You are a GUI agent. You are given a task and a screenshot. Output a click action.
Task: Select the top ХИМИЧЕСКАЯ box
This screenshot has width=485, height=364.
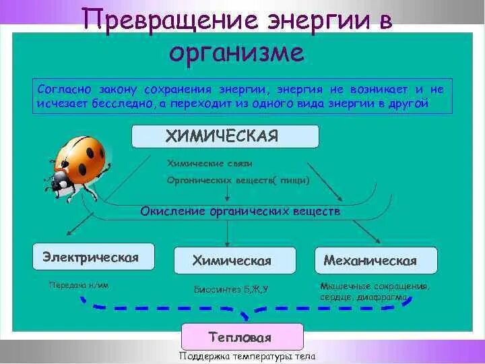(x=225, y=136)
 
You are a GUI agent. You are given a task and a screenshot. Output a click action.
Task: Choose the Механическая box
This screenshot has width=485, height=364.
(x=376, y=260)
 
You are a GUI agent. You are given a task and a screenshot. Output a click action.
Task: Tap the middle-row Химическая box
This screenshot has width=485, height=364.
(x=232, y=260)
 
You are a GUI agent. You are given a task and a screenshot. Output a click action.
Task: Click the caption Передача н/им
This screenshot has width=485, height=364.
(x=79, y=285)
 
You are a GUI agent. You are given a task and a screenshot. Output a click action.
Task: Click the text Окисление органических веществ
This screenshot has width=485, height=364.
(x=240, y=211)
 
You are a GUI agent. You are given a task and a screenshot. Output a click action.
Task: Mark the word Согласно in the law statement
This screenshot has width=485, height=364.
(x=61, y=90)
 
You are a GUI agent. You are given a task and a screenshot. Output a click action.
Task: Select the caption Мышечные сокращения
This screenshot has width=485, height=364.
(x=375, y=285)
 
